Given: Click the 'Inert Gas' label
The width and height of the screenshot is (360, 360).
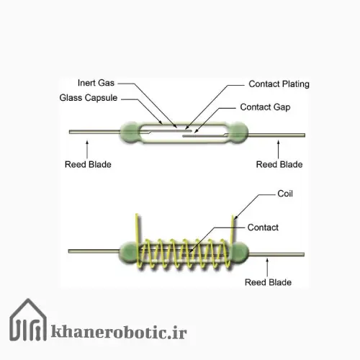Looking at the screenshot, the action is pyautogui.click(x=96, y=83).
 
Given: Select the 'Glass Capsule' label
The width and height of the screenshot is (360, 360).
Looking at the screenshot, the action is pyautogui.click(x=89, y=98).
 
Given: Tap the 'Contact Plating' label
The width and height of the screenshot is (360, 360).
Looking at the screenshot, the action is pyautogui.click(x=279, y=84).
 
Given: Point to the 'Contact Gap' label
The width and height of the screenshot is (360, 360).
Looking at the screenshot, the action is pyautogui.click(x=265, y=107).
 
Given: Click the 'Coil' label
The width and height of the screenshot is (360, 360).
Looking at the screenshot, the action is pyautogui.click(x=285, y=194).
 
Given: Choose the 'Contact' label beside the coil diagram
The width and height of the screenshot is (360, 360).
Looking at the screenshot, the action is pyautogui.click(x=263, y=228).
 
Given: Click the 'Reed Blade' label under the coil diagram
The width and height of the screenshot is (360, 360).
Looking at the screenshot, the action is pyautogui.click(x=268, y=282).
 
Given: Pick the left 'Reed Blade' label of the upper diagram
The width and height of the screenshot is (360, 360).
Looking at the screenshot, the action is pyautogui.click(x=88, y=165).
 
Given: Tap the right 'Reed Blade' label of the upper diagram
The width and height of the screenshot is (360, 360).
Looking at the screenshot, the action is pyautogui.click(x=279, y=165).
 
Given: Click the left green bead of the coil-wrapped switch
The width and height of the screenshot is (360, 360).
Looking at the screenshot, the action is pyautogui.click(x=128, y=252).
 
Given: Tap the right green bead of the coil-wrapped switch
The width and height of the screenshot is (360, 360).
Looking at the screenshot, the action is pyautogui.click(x=240, y=252).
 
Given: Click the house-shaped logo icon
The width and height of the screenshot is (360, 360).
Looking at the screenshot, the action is pyautogui.click(x=28, y=320).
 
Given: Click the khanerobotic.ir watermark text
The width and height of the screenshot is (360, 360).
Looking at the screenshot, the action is pyautogui.click(x=119, y=332).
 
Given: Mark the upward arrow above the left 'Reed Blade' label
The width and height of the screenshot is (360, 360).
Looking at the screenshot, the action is pyautogui.click(x=87, y=150).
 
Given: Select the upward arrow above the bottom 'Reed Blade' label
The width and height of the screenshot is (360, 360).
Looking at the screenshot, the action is pyautogui.click(x=267, y=267).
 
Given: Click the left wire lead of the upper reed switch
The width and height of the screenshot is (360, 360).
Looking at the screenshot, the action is pyautogui.click(x=94, y=132).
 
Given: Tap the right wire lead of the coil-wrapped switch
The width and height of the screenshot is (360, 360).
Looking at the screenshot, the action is pyautogui.click(x=276, y=254).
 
